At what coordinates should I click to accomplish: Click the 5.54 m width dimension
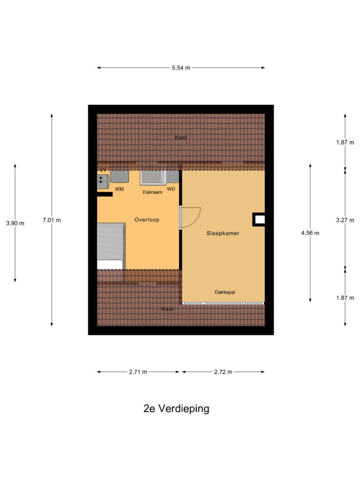[x=181, y=68]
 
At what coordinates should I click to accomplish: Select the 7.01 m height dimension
[x=52, y=220]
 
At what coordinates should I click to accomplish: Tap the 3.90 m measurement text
[x=15, y=223]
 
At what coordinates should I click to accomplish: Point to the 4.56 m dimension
[x=310, y=233]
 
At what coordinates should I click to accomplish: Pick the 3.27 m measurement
[x=345, y=220]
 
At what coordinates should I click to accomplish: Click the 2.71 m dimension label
[x=138, y=372]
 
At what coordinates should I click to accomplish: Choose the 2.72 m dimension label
[x=223, y=372]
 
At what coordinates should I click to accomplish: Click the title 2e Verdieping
[x=176, y=408]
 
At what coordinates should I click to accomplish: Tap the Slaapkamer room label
[x=223, y=233]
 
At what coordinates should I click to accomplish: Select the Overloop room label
[x=147, y=219]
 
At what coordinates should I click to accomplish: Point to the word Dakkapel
[x=225, y=292]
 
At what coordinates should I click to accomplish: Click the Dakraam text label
[x=152, y=192]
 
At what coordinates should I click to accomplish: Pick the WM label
[x=120, y=189]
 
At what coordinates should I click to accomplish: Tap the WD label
[x=171, y=189]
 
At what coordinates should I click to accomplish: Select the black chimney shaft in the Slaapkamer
[x=259, y=219]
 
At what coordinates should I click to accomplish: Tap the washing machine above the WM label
[x=120, y=176]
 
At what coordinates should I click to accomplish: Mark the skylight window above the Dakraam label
[x=153, y=177]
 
